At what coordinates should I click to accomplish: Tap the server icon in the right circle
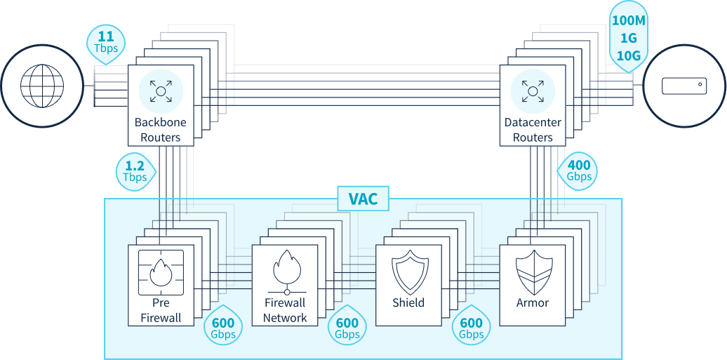683,86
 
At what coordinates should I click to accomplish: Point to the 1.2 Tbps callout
135,171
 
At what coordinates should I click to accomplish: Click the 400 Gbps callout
579,171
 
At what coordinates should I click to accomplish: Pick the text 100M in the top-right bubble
628,22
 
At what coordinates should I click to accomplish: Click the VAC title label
363,199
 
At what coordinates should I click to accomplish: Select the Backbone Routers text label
161,130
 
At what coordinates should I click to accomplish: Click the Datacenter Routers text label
533,130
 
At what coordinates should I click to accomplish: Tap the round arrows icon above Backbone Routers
161,90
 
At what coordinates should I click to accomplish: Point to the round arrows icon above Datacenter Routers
533,90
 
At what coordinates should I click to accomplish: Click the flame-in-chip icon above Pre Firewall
161,273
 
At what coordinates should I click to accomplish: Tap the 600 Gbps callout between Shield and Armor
472,328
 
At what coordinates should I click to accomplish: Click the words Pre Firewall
161,310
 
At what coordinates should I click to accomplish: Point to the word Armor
532,303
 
